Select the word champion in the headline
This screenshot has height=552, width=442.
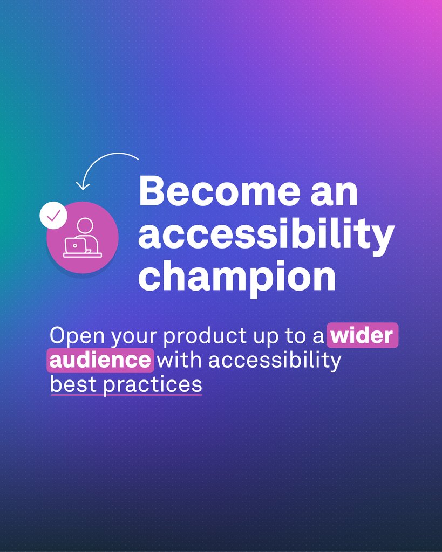pos(237,275)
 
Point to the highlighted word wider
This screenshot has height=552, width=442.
pos(362,336)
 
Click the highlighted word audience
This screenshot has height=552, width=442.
pos(100,360)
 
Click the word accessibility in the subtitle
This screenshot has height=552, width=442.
pos(275,360)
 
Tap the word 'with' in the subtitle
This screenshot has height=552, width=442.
pos(180,360)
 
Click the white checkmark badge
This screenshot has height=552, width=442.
pos(53,216)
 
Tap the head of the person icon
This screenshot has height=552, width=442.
pos(85,225)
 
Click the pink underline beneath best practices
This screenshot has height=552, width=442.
pos(126,395)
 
